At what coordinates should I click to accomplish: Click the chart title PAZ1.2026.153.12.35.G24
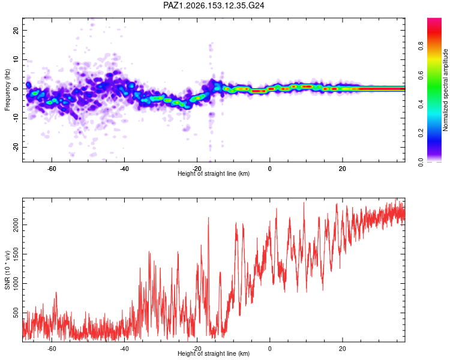pos(214,5)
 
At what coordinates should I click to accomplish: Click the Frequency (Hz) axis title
pos(7,90)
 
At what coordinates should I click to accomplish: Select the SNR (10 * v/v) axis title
pos(7,270)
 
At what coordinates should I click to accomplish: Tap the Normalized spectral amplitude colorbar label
pos(445,90)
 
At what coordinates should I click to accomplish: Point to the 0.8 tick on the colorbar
pos(421,46)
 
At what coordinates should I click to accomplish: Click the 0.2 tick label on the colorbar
pos(421,133)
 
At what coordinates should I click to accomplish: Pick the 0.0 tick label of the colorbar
pos(421,162)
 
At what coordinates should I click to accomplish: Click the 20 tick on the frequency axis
pos(16,30)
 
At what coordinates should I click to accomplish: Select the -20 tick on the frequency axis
pos(16,147)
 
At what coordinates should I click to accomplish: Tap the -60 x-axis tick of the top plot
pos(52,169)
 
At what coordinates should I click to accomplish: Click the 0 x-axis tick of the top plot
pos(270,169)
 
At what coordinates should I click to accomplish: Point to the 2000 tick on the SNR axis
pos(16,224)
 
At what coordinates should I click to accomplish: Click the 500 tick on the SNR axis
pos(16,313)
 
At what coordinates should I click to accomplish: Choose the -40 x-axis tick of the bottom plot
pos(124,349)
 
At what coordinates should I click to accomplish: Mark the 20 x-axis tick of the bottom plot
pos(343,349)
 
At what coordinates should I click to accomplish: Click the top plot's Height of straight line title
pos(214,173)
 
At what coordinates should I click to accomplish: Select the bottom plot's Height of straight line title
pos(214,353)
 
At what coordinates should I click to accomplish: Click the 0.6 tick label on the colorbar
pos(421,75)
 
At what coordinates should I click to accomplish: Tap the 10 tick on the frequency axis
pos(16,59)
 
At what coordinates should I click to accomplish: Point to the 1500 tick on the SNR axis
pos(16,254)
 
